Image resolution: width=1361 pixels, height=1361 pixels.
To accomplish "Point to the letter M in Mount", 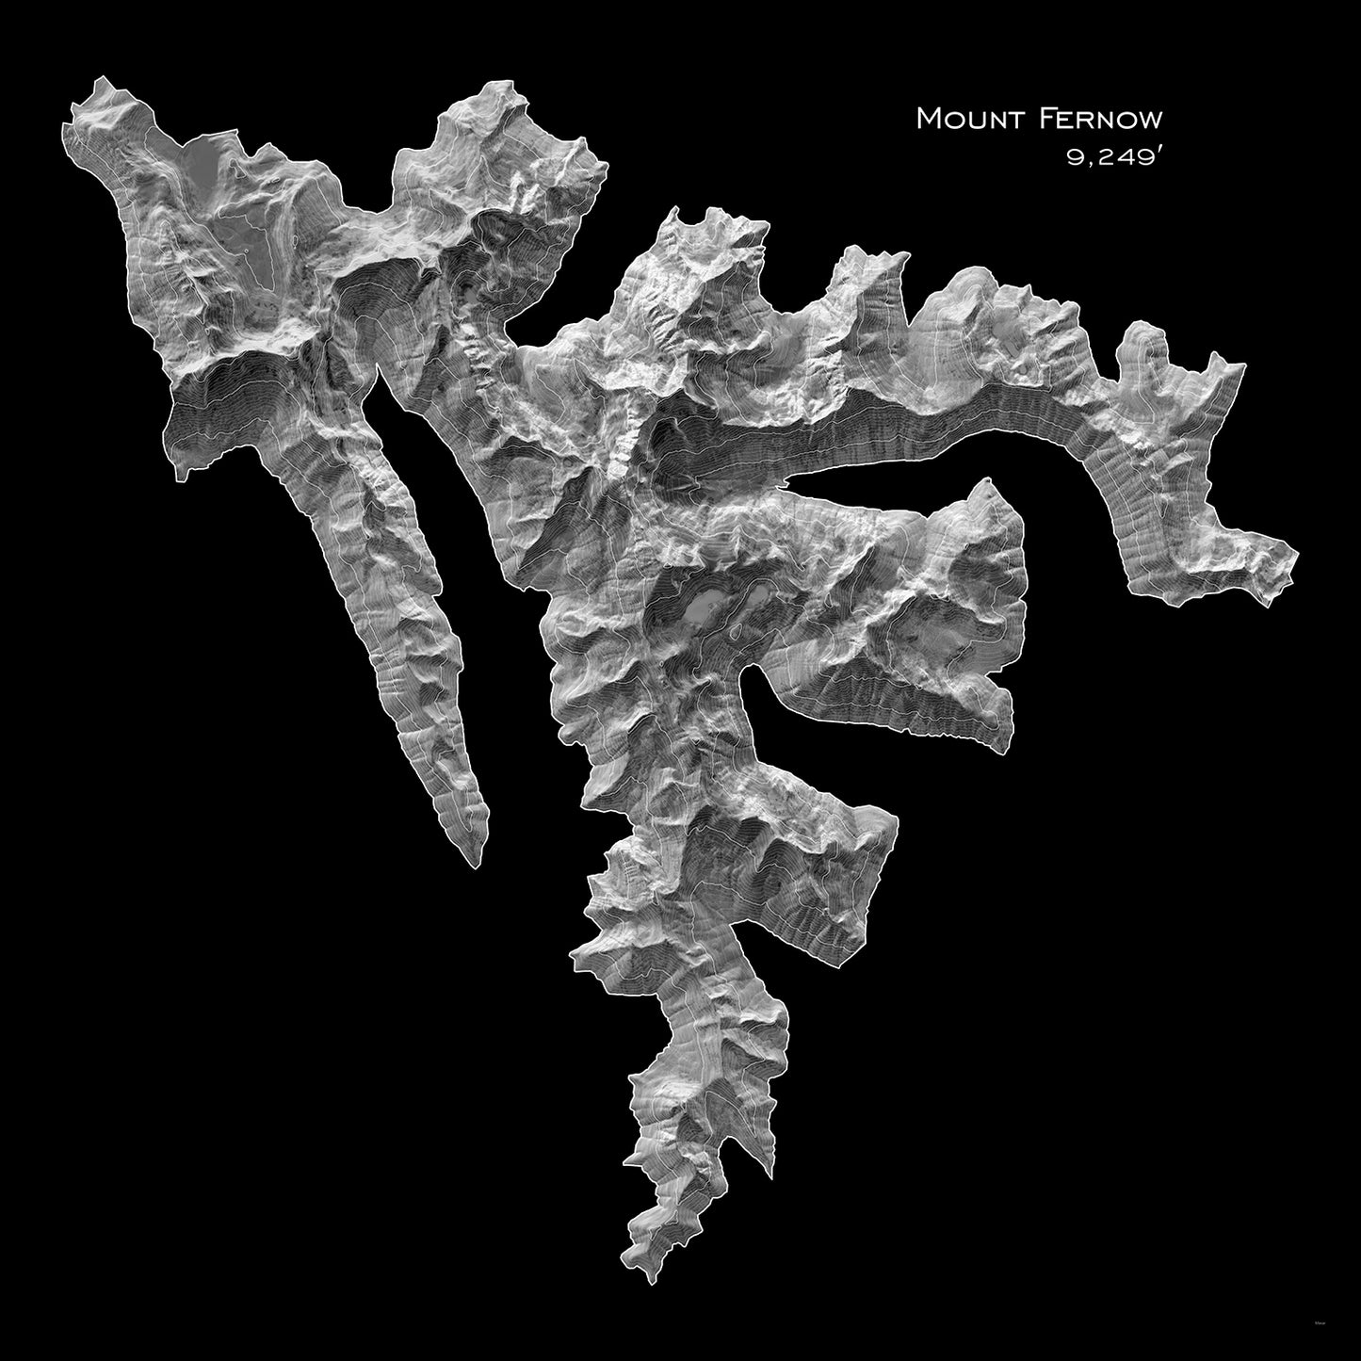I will pos(929,119).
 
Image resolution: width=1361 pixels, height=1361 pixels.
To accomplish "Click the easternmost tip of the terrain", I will pos(1298,554).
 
